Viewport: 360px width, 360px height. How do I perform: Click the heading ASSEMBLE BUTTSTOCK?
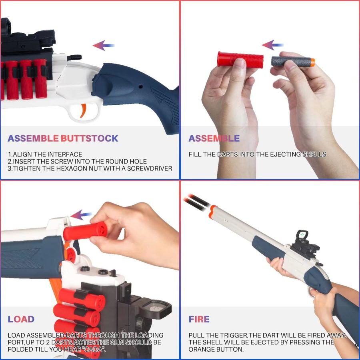click(63, 138)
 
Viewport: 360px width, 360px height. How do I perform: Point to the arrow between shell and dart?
click(273, 45)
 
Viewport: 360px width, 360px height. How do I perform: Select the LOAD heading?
click(21, 319)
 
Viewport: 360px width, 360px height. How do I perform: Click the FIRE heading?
click(199, 319)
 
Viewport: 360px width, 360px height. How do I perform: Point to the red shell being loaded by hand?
click(86, 231)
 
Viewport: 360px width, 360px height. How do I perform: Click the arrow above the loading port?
click(81, 216)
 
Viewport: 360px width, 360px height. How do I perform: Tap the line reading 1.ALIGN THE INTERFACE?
click(45, 154)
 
